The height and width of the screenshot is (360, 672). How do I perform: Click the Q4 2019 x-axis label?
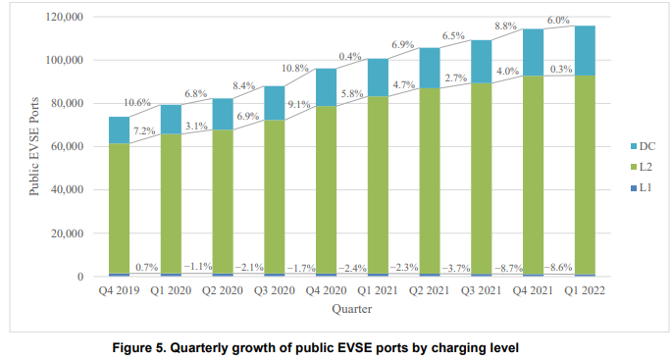[119, 291]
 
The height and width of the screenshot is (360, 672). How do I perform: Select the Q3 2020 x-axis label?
[275, 291]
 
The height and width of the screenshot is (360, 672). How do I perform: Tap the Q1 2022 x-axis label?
[585, 291]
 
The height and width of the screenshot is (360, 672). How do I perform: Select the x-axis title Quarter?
[351, 308]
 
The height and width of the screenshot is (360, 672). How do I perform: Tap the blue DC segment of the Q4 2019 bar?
[119, 129]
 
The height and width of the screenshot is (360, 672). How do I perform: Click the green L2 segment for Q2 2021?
[430, 181]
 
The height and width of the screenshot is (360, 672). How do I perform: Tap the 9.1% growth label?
[300, 106]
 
